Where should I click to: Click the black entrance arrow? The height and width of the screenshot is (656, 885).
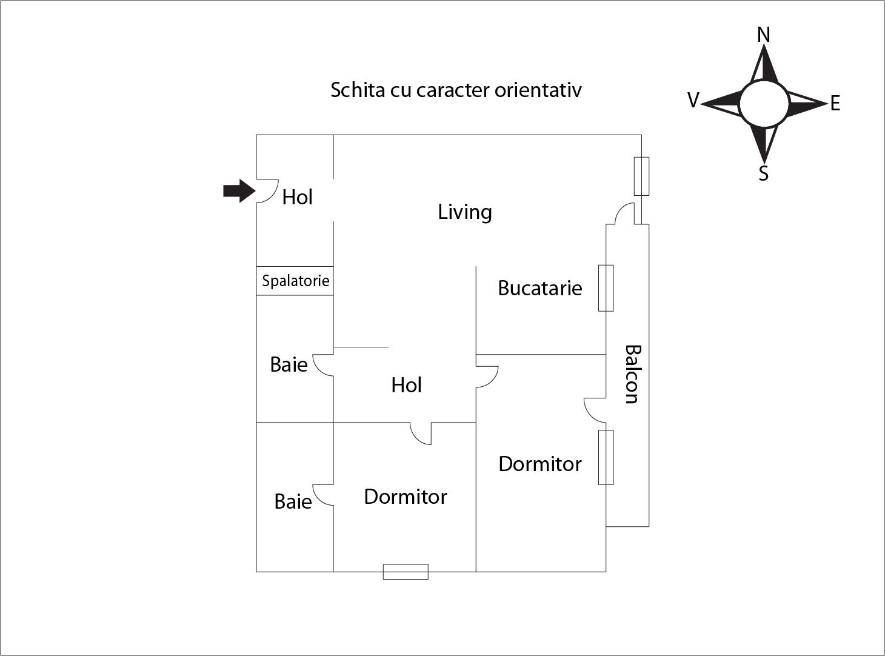pyautogui.click(x=239, y=191)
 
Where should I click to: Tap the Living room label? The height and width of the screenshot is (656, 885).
pyautogui.click(x=465, y=212)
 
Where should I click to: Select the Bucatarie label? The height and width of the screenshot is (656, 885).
pyautogui.click(x=540, y=288)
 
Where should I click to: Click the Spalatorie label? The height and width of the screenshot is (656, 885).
pyautogui.click(x=296, y=281)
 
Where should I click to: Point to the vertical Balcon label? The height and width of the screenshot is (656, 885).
pyautogui.click(x=633, y=374)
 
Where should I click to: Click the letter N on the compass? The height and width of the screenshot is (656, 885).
pyautogui.click(x=764, y=35)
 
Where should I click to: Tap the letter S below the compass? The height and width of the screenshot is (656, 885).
pyautogui.click(x=763, y=173)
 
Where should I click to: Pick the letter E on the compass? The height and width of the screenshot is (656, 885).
pyautogui.click(x=835, y=104)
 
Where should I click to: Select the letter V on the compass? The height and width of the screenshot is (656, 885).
pyautogui.click(x=693, y=100)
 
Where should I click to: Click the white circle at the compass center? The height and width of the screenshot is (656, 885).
pyautogui.click(x=764, y=104)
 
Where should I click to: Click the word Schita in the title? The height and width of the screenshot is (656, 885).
pyautogui.click(x=358, y=90)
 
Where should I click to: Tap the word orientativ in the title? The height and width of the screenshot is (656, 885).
pyautogui.click(x=538, y=90)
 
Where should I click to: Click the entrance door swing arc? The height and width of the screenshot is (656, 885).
pyautogui.click(x=267, y=191)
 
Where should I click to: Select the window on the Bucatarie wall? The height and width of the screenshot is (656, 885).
pyautogui.click(x=606, y=288)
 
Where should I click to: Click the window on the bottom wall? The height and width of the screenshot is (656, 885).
pyautogui.click(x=406, y=572)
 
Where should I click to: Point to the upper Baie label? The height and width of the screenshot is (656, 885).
pyautogui.click(x=289, y=364)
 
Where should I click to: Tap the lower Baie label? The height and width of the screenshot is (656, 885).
pyautogui.click(x=293, y=502)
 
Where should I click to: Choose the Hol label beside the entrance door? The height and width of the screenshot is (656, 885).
pyautogui.click(x=297, y=197)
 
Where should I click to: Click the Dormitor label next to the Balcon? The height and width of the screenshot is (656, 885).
pyautogui.click(x=540, y=464)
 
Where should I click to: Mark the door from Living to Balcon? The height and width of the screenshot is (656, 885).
pyautogui.click(x=625, y=213)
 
